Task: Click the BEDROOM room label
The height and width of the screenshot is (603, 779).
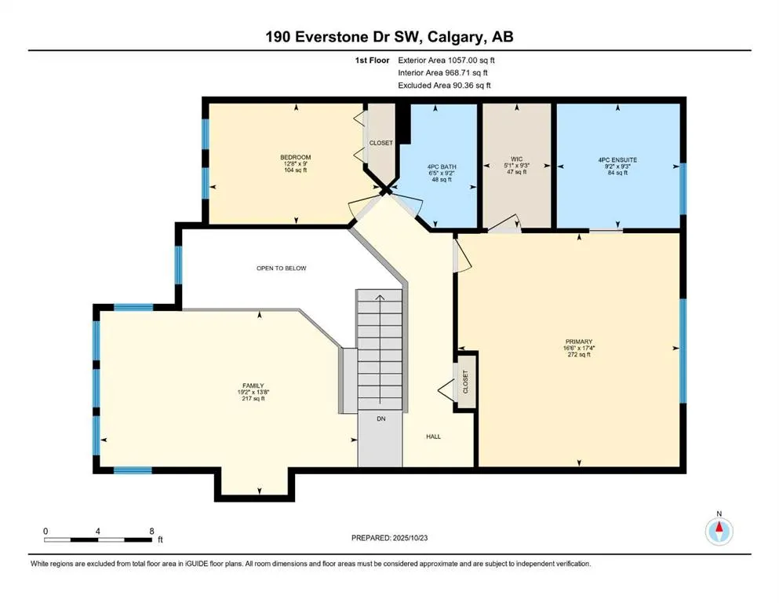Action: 295,157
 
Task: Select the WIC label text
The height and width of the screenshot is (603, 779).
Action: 516,159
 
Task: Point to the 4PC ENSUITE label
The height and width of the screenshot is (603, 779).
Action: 617,159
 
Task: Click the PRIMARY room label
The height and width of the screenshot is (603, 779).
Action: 578,342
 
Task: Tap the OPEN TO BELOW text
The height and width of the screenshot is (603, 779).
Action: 281,269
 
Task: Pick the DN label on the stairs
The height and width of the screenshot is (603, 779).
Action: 381,419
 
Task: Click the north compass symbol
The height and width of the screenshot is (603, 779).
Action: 718,532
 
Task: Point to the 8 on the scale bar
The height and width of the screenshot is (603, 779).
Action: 151,532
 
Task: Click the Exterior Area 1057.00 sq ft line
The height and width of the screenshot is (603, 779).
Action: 447,60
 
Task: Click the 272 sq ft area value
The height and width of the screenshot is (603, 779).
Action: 578,354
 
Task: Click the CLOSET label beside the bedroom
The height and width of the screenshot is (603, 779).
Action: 381,143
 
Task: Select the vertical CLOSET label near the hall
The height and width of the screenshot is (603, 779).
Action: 465,382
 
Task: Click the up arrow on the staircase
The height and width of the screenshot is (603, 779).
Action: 380,298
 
